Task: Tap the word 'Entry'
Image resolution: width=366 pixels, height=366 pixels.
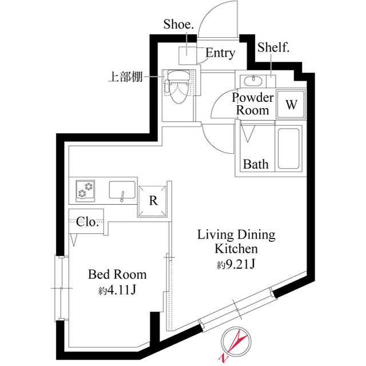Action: pyautogui.click(x=220, y=53)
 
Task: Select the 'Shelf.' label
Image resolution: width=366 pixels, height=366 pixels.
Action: pyautogui.click(x=273, y=47)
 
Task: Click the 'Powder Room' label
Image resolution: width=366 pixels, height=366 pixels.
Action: pyautogui.click(x=252, y=104)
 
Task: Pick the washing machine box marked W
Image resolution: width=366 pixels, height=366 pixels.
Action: pyautogui.click(x=291, y=105)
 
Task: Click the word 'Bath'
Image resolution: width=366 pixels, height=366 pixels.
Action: pyautogui.click(x=255, y=164)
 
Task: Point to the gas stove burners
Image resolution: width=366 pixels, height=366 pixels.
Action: pyautogui.click(x=87, y=190)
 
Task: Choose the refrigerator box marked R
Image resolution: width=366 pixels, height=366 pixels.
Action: pyautogui.click(x=153, y=201)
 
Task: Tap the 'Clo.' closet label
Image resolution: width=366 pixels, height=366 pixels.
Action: pyautogui.click(x=87, y=222)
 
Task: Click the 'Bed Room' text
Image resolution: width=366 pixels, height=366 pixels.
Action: pyautogui.click(x=117, y=274)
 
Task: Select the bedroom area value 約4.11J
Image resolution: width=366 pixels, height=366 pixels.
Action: pyautogui.click(x=117, y=291)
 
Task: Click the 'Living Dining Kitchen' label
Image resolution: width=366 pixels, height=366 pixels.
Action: pyautogui.click(x=236, y=241)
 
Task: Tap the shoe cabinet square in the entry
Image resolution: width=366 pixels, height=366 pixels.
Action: pyautogui.click(x=188, y=55)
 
